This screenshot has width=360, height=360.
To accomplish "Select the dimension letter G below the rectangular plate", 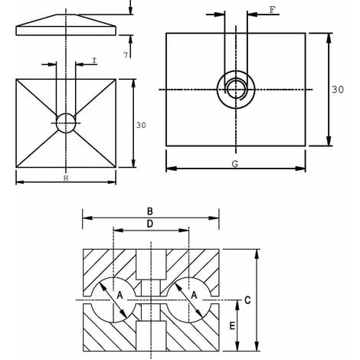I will click(235, 163).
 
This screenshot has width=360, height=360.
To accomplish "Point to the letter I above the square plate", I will click(93, 60).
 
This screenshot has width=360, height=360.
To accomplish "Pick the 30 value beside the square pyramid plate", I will click(140, 125).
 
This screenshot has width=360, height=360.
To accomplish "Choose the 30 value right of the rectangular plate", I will click(337, 90).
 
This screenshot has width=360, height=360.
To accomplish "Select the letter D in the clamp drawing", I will click(151, 224).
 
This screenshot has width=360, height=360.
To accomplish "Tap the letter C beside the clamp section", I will click(247, 301).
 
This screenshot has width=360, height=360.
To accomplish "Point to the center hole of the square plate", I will click(66, 122).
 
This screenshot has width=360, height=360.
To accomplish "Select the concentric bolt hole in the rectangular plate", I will click(235, 90).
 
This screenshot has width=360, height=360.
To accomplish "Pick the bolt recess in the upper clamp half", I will click(151, 264).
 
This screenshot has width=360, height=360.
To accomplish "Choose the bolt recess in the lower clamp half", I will click(151, 333).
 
